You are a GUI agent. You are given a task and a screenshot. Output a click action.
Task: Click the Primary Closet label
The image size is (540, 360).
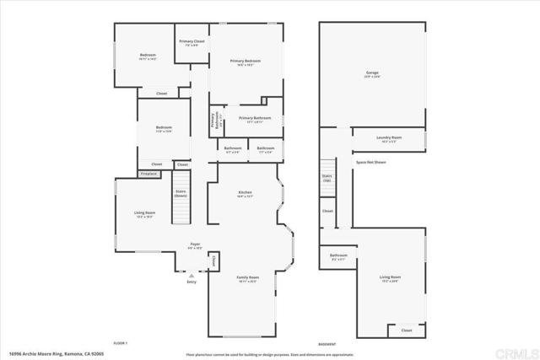tap(192, 41)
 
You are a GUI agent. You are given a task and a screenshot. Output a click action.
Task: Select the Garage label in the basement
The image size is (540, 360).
tap(373, 74)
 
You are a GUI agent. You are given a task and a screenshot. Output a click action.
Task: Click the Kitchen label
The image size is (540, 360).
tap(245, 194)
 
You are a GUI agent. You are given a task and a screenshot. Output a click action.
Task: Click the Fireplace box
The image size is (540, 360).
tap(148, 173)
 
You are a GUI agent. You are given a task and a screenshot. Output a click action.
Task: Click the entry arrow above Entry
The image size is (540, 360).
tap(192, 274)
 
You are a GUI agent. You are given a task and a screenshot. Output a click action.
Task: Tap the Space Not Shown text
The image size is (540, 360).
tap(370, 161)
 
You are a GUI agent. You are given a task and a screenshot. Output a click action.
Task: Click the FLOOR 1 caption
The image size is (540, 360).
tap(121, 342)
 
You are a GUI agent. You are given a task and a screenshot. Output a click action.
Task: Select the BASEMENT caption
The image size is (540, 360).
tap(327, 342)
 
